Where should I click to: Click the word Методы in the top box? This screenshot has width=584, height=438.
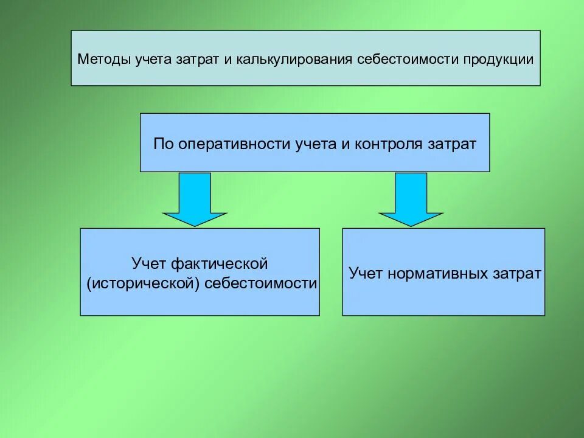click(99, 60)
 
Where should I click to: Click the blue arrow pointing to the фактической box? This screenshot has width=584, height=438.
click(195, 199)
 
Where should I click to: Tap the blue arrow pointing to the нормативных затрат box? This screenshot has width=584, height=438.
click(411, 199)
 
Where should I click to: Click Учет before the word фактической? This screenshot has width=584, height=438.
click(149, 264)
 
